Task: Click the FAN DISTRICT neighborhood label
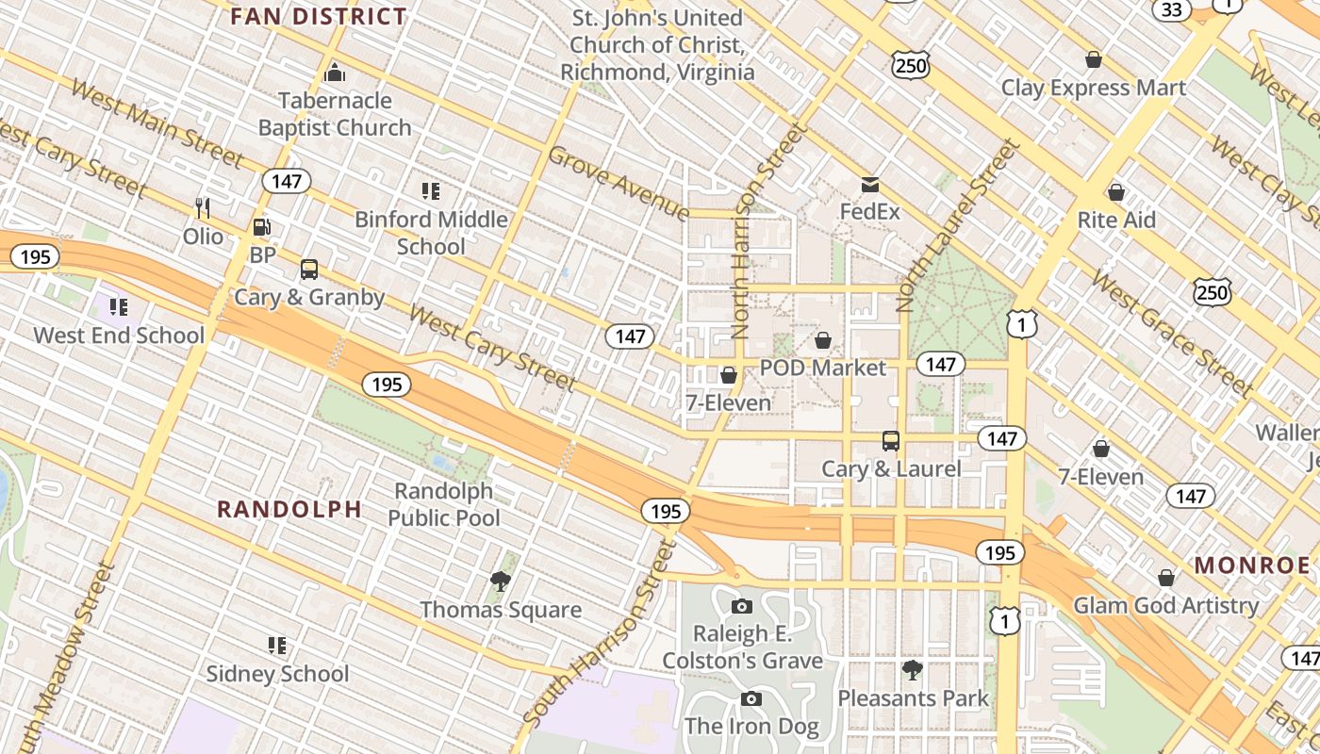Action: (x=319, y=16)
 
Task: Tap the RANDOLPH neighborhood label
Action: (x=289, y=509)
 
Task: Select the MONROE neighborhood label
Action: (x=1252, y=565)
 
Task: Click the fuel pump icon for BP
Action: (x=262, y=227)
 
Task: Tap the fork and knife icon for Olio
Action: (x=202, y=207)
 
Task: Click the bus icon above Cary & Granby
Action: (x=309, y=270)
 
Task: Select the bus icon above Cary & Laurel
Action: (x=891, y=440)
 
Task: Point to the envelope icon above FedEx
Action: (x=869, y=185)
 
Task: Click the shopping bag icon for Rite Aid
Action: (x=1116, y=192)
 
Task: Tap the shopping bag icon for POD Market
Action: (x=823, y=340)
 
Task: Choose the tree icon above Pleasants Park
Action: (x=912, y=670)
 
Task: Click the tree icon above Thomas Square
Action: (x=501, y=582)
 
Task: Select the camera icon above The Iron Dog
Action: (x=751, y=698)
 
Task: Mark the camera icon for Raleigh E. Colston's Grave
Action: (x=742, y=606)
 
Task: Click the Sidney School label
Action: (x=277, y=674)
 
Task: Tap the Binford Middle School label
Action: (x=431, y=233)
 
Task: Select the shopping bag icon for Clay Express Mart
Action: (x=1094, y=60)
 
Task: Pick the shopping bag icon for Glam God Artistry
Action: (x=1166, y=578)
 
